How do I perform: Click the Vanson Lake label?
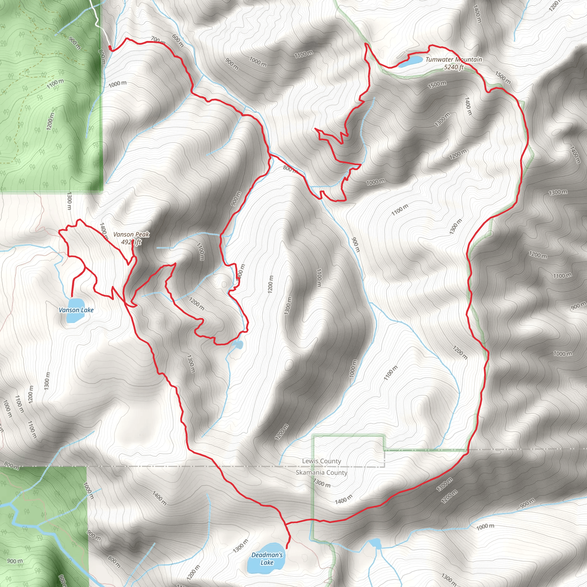point(76,310)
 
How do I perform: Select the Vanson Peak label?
point(131,234)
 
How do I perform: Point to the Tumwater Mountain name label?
point(454,60)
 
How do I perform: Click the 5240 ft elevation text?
point(454,67)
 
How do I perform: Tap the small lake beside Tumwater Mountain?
point(410,61)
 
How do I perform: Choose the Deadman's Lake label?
point(267,559)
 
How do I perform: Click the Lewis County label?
point(322,461)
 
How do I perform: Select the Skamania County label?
point(322,472)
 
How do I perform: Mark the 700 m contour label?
point(158,40)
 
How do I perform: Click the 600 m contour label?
point(178,40)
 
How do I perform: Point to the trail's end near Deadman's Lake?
point(287,548)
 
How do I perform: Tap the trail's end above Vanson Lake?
point(72,296)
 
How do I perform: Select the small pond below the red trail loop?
point(238,345)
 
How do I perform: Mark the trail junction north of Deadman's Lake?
point(285,524)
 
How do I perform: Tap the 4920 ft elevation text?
point(131,242)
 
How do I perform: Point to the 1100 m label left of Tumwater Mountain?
point(304,54)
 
